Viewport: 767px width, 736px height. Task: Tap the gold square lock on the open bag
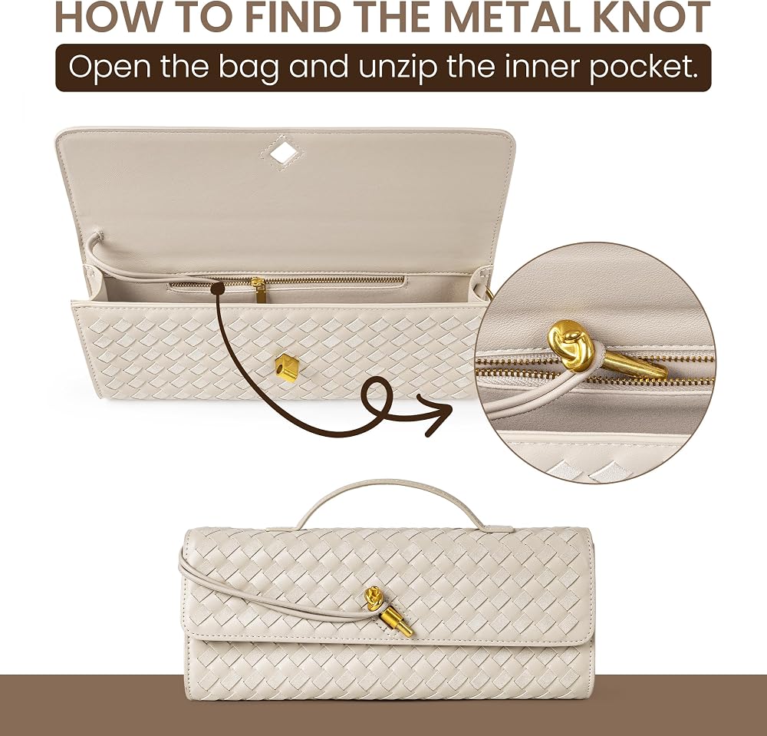pos(287,367)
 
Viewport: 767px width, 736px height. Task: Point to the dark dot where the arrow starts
pos(217,289)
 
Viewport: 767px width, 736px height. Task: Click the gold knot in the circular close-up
pos(571,342)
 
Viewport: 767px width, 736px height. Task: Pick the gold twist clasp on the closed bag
pos(399,622)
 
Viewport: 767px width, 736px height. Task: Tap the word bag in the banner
pos(249,68)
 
